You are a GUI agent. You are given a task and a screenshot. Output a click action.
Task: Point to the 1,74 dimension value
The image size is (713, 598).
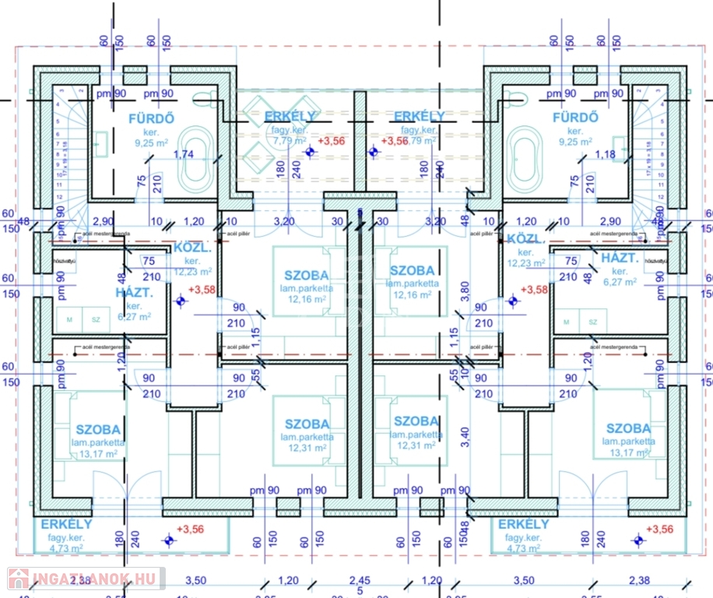click(184, 154)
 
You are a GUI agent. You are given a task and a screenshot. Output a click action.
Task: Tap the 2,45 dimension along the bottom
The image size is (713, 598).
click(360, 580)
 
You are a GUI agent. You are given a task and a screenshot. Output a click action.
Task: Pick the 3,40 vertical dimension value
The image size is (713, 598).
click(465, 437)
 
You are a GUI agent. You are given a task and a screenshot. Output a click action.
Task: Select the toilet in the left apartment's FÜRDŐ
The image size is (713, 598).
click(204, 97)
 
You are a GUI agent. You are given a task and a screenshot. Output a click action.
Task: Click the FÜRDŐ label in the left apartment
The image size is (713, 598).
click(151, 119)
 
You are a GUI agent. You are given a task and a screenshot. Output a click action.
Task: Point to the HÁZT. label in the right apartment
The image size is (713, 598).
click(619, 258)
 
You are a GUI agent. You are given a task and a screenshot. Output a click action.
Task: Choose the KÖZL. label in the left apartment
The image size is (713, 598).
click(191, 248)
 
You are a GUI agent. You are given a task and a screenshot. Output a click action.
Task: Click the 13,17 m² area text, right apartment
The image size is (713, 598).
click(628, 453)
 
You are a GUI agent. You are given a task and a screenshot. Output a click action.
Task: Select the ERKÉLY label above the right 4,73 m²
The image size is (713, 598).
click(523, 524)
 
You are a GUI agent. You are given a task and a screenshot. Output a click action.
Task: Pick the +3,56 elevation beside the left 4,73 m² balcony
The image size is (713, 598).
click(191, 529)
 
